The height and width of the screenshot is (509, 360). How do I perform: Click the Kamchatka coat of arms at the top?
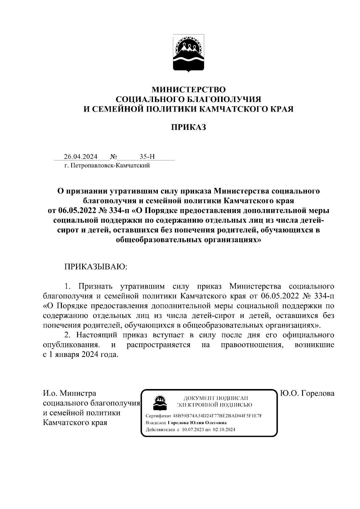click(x=188, y=54)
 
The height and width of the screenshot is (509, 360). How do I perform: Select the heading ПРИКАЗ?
click(x=188, y=127)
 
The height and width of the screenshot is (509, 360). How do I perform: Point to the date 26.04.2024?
click(x=80, y=157)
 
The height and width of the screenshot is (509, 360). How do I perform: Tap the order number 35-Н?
click(x=147, y=157)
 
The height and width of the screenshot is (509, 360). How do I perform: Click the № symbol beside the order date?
click(x=113, y=157)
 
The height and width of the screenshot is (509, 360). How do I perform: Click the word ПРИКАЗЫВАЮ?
click(x=96, y=267)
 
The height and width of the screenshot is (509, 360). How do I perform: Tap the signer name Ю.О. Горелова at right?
click(x=307, y=393)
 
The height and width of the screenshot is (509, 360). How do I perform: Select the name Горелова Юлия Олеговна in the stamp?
click(x=197, y=423)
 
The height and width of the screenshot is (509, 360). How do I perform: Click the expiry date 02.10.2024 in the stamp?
click(x=224, y=430)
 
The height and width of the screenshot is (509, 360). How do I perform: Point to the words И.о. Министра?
click(x=70, y=393)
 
